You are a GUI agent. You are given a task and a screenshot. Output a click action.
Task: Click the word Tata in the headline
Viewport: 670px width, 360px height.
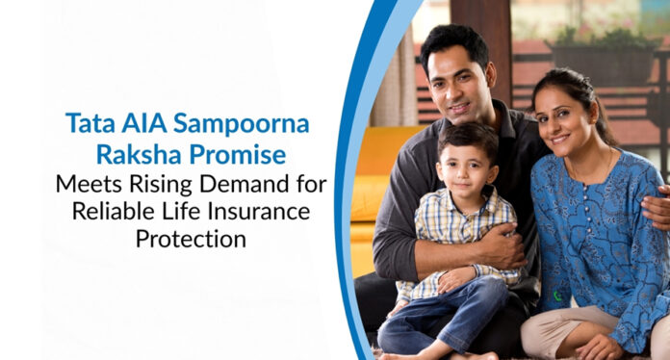pyautogui.click(x=88, y=123)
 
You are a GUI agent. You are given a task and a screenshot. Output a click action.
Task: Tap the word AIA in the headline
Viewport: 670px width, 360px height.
pyautogui.click(x=138, y=123)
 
